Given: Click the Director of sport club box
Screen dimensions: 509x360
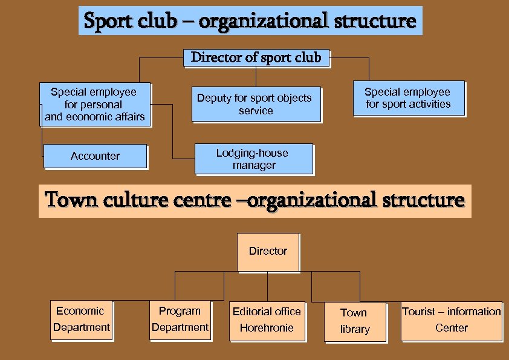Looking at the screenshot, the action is [256, 58].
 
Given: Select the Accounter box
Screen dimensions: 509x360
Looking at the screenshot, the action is [95, 156].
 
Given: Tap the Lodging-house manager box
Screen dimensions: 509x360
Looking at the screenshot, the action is [254, 159].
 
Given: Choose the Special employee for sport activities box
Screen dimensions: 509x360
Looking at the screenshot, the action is [408, 98].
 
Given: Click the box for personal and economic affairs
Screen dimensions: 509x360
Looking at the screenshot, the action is [94, 105].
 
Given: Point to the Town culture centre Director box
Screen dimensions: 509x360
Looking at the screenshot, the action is [268, 252].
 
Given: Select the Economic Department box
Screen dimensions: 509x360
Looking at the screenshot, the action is [81, 320].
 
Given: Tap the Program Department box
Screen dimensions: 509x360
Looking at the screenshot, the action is [180, 320].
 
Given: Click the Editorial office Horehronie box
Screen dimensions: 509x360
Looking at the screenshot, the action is [267, 320].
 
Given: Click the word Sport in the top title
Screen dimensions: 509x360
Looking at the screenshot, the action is [101, 21].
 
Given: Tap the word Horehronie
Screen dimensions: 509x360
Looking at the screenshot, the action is [267, 328].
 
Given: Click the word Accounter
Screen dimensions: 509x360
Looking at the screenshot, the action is [95, 156].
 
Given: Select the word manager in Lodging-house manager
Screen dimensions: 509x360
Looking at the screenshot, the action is [254, 165].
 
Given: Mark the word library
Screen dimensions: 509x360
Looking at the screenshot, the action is [355, 330].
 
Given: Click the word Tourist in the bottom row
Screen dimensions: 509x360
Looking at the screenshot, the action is [419, 312].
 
